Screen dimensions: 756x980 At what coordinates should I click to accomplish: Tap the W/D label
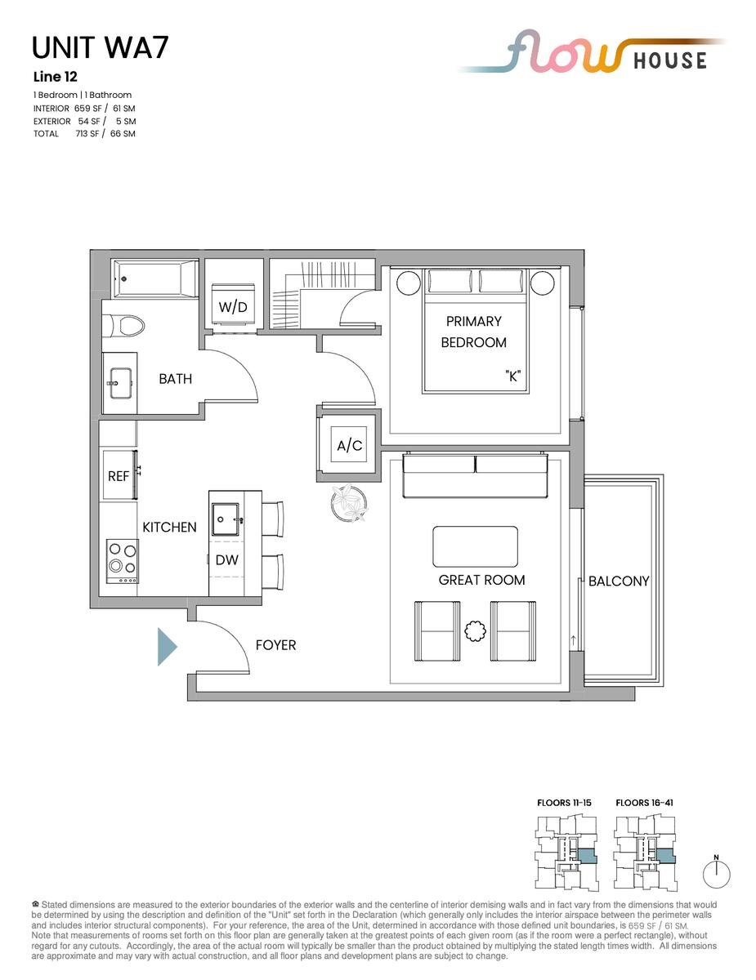click(x=233, y=308)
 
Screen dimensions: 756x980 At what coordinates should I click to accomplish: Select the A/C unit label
click(x=350, y=446)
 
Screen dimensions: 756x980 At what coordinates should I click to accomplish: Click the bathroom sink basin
click(x=120, y=383)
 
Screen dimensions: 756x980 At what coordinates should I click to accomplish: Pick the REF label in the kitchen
click(x=119, y=476)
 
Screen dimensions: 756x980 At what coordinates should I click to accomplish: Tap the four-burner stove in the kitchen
click(x=123, y=562)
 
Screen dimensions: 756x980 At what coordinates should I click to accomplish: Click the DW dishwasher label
click(x=226, y=560)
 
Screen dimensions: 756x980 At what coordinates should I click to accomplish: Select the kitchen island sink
click(x=226, y=519)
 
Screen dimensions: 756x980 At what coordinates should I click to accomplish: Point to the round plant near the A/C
click(x=349, y=503)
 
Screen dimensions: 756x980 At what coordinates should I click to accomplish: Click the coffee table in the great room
click(x=476, y=546)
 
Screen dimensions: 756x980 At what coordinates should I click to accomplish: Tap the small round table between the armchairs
click(x=475, y=631)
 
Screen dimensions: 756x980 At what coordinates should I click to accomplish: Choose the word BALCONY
click(x=619, y=581)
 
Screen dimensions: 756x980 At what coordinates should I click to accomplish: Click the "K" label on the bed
click(x=513, y=376)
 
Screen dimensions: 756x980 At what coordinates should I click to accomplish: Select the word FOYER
click(x=275, y=645)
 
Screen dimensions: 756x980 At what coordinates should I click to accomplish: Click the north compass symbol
click(x=716, y=873)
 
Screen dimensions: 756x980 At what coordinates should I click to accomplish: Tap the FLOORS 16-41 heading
click(x=644, y=803)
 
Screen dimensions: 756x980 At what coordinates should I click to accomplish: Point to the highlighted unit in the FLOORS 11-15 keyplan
click(x=587, y=856)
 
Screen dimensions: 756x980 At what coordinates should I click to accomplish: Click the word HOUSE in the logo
click(x=670, y=60)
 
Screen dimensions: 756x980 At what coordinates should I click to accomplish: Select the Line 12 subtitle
click(x=56, y=77)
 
